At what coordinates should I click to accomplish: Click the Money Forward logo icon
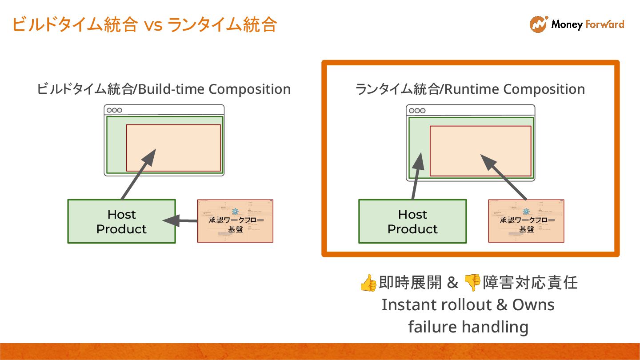pyautogui.click(x=538, y=24)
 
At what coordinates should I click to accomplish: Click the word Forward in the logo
pyautogui.click(x=605, y=24)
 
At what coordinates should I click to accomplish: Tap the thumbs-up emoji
pyautogui.click(x=368, y=283)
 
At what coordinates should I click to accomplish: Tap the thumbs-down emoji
pyautogui.click(x=472, y=282)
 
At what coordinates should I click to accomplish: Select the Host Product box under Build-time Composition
pyautogui.click(x=121, y=221)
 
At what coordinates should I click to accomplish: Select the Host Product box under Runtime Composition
pyautogui.click(x=412, y=221)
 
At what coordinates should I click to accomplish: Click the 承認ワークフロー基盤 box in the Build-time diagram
pyautogui.click(x=235, y=221)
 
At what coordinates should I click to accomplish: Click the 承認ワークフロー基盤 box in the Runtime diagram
pyautogui.click(x=526, y=221)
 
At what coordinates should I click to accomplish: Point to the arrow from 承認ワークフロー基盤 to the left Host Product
pyautogui.click(x=180, y=220)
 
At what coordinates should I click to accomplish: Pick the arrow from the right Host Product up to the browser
pyautogui.click(x=416, y=176)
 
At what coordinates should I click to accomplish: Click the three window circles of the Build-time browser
pyautogui.click(x=114, y=110)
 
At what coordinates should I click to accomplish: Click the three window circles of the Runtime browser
pyautogui.click(x=417, y=111)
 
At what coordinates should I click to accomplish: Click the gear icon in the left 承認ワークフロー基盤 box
pyautogui.click(x=235, y=212)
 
